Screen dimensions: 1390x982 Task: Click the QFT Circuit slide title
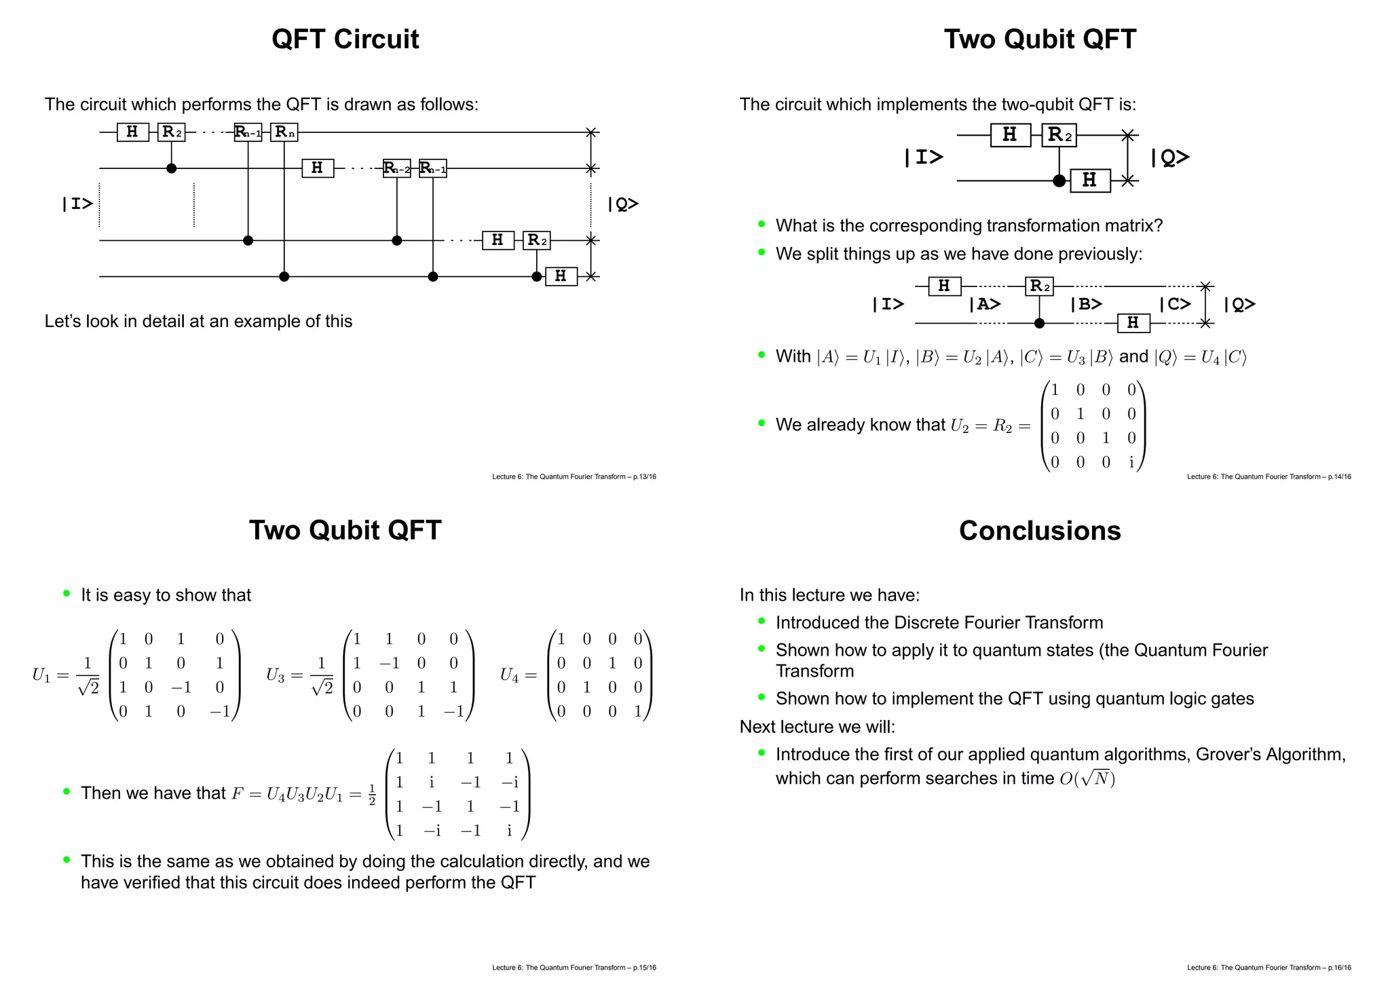tap(345, 39)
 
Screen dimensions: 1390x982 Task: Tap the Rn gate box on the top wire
tap(284, 132)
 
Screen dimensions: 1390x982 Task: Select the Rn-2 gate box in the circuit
tap(396, 168)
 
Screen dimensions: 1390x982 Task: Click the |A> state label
tap(984, 305)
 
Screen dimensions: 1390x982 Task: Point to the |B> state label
tap(1086, 305)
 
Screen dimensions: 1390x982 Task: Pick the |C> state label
tap(1175, 305)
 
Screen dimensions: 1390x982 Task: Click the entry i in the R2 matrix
tap(1131, 462)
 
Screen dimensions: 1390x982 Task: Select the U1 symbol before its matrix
tap(41, 675)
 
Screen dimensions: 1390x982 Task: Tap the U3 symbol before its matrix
tap(275, 675)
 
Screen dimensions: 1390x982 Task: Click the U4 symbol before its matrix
tap(509, 675)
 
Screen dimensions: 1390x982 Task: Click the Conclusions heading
tap(1040, 531)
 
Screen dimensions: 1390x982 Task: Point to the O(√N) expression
tap(1087, 778)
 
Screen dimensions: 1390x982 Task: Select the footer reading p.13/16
tap(574, 477)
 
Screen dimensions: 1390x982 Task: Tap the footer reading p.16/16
tap(1269, 968)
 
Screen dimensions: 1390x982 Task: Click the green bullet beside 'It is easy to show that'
tap(67, 594)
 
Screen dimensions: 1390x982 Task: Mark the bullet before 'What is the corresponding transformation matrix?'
tap(762, 224)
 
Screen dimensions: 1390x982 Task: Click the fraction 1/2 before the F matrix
tap(372, 794)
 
